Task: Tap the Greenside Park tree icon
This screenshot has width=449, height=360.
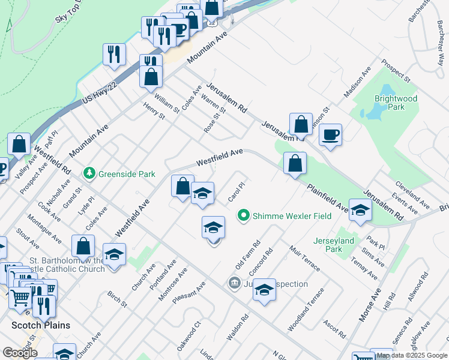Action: coord(89,173)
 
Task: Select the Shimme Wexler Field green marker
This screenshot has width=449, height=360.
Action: coord(243,215)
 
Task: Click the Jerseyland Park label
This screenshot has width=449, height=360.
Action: coord(335,245)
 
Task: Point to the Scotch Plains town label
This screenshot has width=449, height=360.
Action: coord(41,325)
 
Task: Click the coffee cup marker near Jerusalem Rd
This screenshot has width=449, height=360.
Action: coord(330,135)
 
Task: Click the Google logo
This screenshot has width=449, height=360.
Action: coord(20,353)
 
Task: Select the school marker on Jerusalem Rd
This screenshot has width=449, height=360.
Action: coord(360,211)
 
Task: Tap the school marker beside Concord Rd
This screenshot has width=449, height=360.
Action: coord(264,290)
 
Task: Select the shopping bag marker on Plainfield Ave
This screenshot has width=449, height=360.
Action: coord(295,163)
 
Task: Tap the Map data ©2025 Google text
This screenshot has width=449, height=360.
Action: coord(412,355)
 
